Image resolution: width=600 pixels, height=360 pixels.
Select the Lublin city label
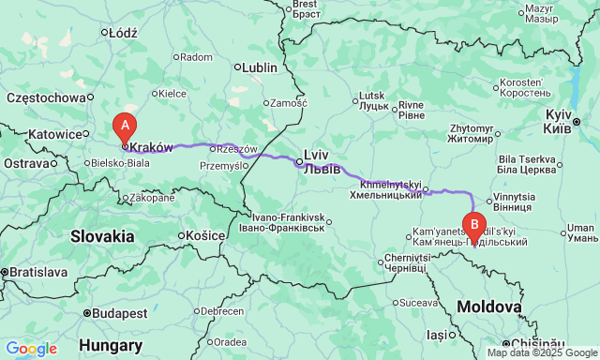pos(260,67)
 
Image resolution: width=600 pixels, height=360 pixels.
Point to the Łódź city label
pos(123,32)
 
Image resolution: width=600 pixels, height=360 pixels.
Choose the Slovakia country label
pos(102,237)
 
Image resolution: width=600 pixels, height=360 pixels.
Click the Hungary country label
pos(111,345)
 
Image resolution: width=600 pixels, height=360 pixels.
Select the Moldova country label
pos(488,307)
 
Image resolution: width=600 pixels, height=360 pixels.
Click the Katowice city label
pos(55,134)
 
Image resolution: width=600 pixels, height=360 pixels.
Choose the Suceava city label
pos(418,303)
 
